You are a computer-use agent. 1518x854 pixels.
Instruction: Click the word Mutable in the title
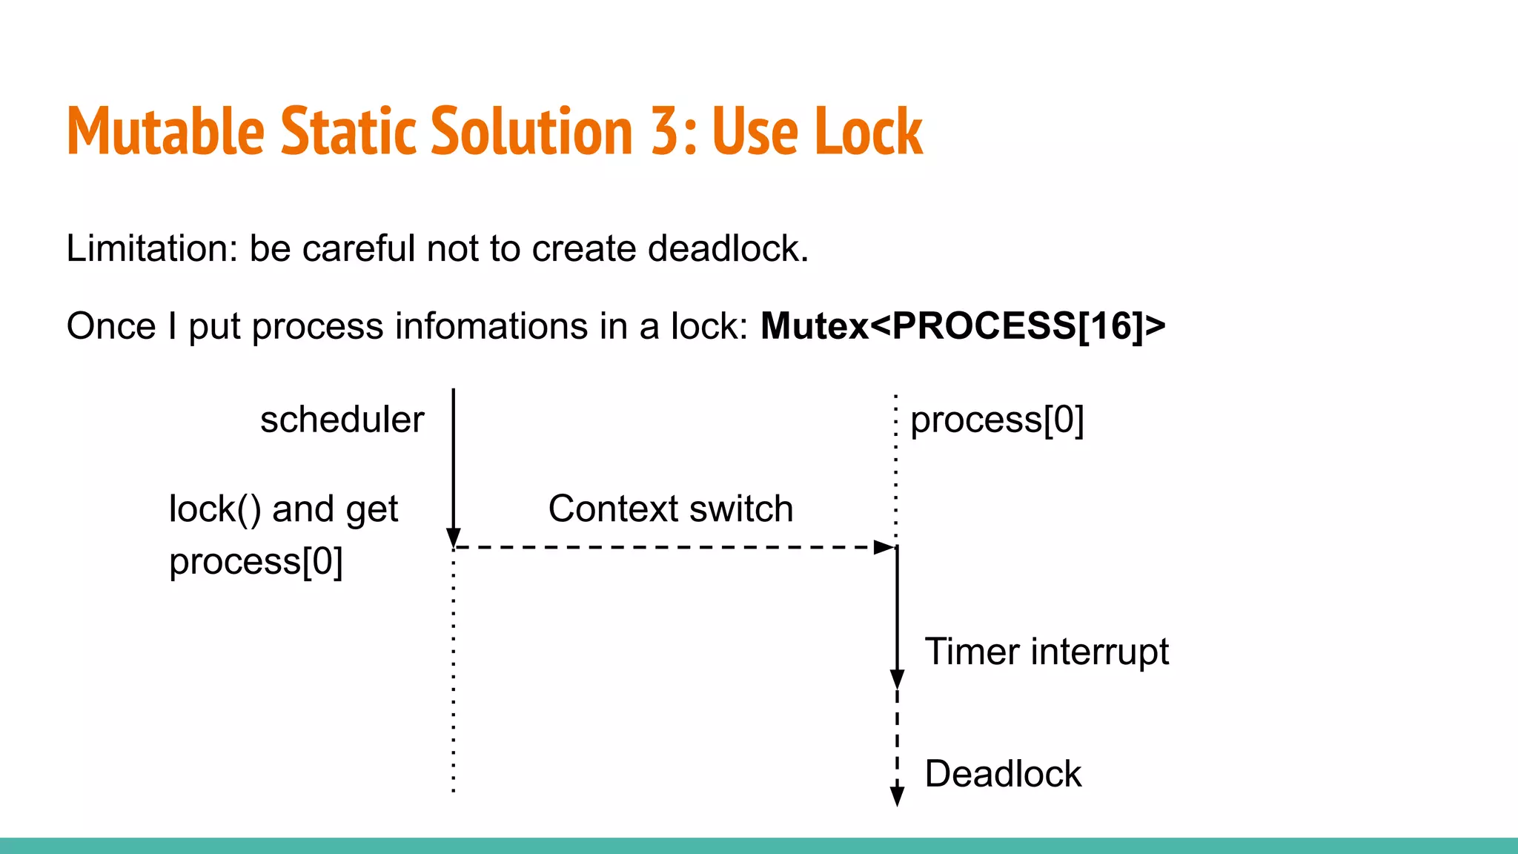[165, 131]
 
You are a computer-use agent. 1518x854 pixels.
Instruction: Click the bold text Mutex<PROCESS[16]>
[963, 326]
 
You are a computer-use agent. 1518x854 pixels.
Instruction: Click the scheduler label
[342, 420]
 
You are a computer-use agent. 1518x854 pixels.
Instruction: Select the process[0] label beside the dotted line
[997, 420]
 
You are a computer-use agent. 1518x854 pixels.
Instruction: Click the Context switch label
[671, 509]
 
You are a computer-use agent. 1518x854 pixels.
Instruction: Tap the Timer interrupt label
[1047, 652]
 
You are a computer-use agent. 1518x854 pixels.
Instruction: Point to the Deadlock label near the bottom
[1003, 774]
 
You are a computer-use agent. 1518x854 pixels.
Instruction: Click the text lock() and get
[283, 509]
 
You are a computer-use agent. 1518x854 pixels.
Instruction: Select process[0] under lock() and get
[256, 561]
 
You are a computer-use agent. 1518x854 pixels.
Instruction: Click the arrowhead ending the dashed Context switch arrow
[885, 547]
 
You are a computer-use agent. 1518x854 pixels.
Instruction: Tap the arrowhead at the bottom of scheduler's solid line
[454, 537]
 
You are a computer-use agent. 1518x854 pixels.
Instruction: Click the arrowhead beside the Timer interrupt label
[897, 679]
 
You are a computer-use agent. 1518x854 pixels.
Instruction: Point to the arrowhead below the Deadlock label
[897, 797]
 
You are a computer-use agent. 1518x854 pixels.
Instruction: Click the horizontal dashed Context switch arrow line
[667, 547]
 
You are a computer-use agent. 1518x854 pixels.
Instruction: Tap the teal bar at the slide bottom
[759, 846]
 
